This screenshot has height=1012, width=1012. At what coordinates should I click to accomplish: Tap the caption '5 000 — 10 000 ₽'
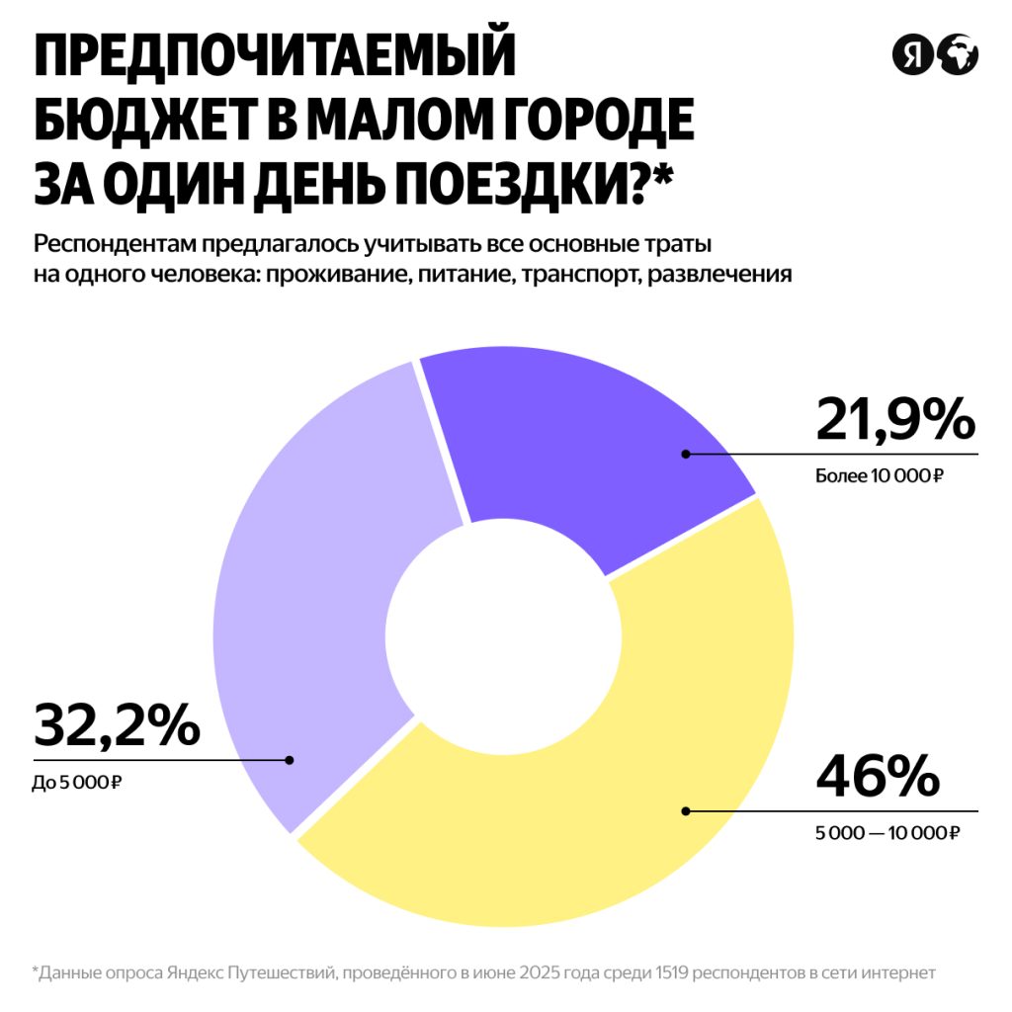pyautogui.click(x=886, y=833)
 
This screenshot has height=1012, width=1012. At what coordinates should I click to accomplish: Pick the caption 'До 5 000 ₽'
pyautogui.click(x=77, y=784)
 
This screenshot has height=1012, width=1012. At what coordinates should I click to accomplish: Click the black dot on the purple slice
pyautogui.click(x=685, y=454)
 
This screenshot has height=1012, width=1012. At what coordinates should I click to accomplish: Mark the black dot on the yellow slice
pyautogui.click(x=685, y=811)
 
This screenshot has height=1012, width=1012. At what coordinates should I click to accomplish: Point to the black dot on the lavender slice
pyautogui.click(x=289, y=760)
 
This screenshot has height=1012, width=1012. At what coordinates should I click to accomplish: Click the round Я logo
pyautogui.click(x=912, y=54)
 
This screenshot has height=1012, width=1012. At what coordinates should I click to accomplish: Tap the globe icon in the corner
pyautogui.click(x=958, y=54)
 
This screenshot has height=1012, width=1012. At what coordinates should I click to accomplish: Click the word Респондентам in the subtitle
pyautogui.click(x=112, y=244)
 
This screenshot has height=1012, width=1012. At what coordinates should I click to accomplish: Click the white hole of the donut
pyautogui.click(x=503, y=633)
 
